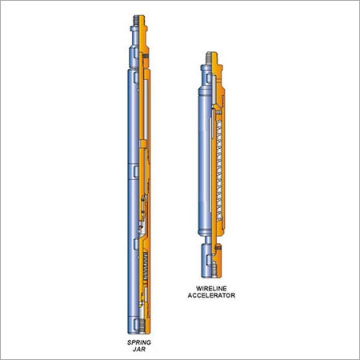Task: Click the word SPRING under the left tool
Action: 139,342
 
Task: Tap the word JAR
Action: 139,350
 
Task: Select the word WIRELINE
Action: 211,289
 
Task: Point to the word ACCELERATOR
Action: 211,295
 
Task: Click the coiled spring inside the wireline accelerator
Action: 219,170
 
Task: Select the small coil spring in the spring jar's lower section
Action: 146,265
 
